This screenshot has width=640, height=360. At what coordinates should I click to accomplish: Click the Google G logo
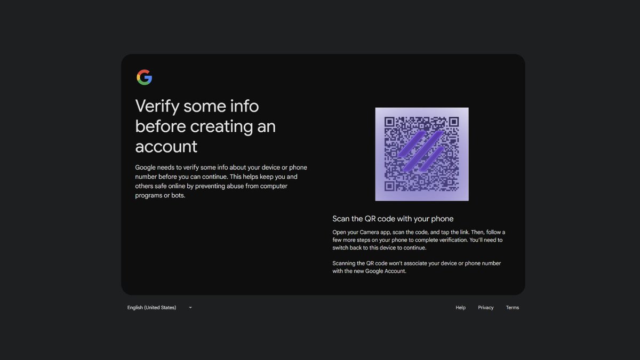[x=144, y=77]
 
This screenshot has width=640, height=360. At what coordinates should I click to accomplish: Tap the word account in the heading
[x=166, y=146]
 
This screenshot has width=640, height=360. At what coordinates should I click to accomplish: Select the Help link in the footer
[x=460, y=308]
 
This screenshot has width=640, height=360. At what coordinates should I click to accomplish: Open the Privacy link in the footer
[x=485, y=308]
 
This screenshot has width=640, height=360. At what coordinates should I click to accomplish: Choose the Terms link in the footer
[x=512, y=308]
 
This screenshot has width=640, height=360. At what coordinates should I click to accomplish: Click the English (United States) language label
[x=151, y=308]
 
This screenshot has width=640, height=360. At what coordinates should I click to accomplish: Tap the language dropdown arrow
[x=190, y=308]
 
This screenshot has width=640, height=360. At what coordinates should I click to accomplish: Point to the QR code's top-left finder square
[x=390, y=122]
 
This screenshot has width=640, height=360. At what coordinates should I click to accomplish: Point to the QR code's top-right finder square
[x=453, y=122]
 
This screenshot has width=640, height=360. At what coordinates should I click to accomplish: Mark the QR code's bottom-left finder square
[x=390, y=186]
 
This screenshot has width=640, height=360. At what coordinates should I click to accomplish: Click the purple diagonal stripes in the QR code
[x=421, y=151]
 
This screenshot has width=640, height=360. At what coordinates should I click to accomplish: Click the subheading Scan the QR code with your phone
[x=393, y=219]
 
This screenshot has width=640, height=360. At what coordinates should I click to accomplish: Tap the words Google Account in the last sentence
[x=385, y=271]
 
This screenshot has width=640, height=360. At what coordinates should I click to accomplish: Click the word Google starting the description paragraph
[x=146, y=167]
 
